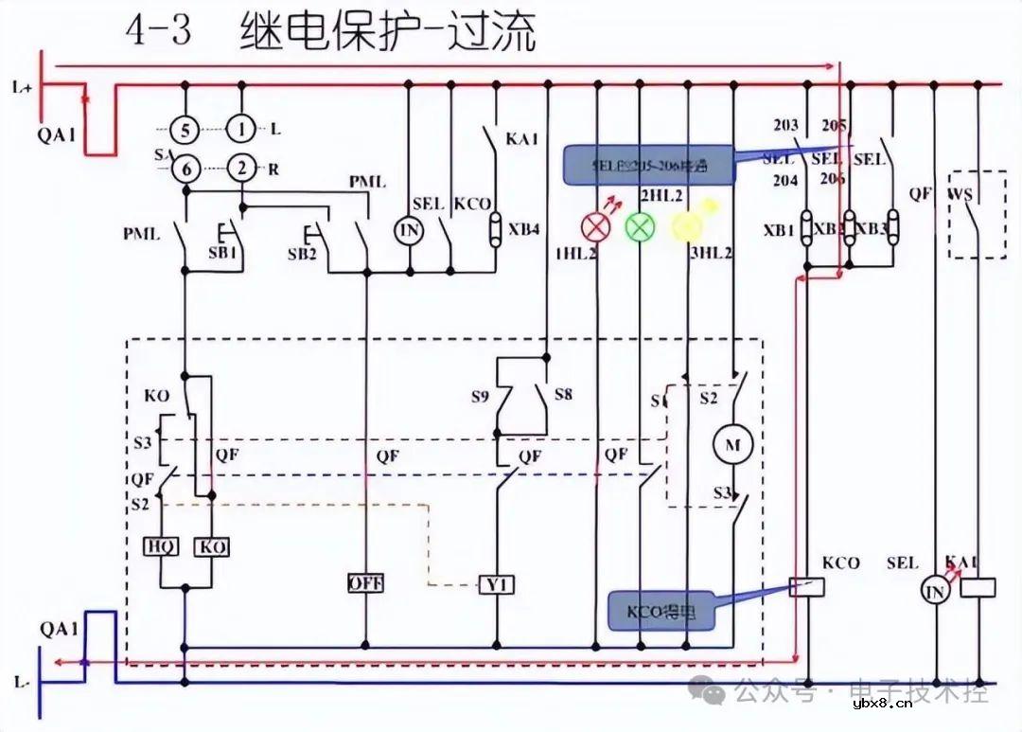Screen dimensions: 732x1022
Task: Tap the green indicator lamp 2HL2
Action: point(641,226)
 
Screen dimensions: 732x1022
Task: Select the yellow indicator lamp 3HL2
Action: point(686,225)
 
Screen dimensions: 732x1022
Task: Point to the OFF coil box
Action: point(365,583)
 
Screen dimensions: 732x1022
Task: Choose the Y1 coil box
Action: point(497,584)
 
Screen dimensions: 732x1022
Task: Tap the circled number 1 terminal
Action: point(241,128)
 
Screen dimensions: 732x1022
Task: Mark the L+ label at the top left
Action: point(23,88)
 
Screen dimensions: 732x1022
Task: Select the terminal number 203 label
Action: point(785,125)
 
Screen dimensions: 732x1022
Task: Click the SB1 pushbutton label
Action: point(223,255)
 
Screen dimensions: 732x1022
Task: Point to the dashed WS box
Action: point(977,214)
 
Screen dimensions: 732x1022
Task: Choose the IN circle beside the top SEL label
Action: point(409,230)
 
